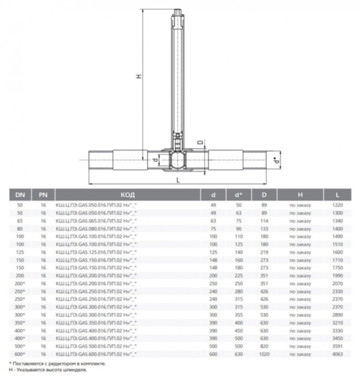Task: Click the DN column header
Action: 20,194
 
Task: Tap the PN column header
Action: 42,194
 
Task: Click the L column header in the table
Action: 338,194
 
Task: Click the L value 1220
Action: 338,206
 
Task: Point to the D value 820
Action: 264,346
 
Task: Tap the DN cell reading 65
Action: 20,221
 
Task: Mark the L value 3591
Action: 338,346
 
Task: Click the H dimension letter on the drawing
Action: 138,77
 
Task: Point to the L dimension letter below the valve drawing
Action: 178,179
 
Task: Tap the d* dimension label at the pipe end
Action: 278,161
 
